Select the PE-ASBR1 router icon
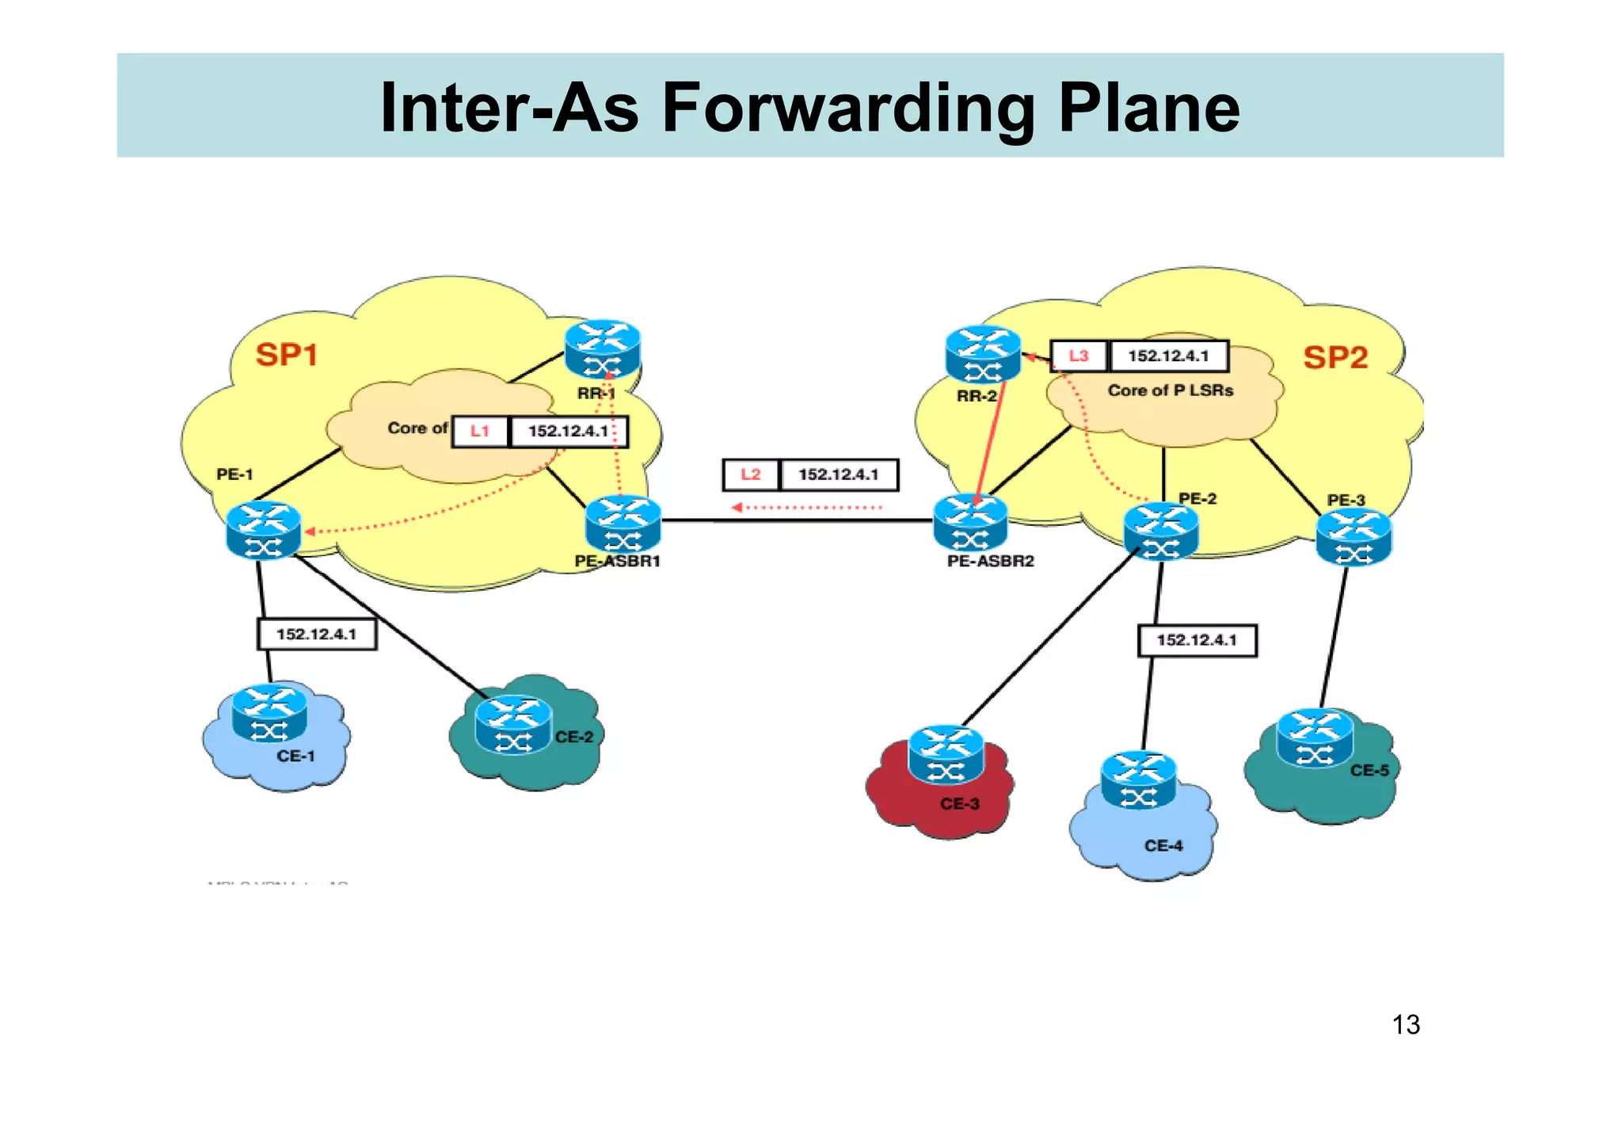623,524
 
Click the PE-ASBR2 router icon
970,523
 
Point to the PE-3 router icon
1354,536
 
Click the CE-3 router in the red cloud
946,753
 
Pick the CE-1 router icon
269,713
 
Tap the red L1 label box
480,431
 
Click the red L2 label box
750,474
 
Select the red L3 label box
1078,356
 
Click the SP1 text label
287,354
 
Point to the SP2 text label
1335,357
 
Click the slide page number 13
1406,1024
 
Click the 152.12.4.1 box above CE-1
317,634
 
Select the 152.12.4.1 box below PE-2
1197,640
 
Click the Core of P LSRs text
1170,391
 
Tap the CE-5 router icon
1315,737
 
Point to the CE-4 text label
1163,845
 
